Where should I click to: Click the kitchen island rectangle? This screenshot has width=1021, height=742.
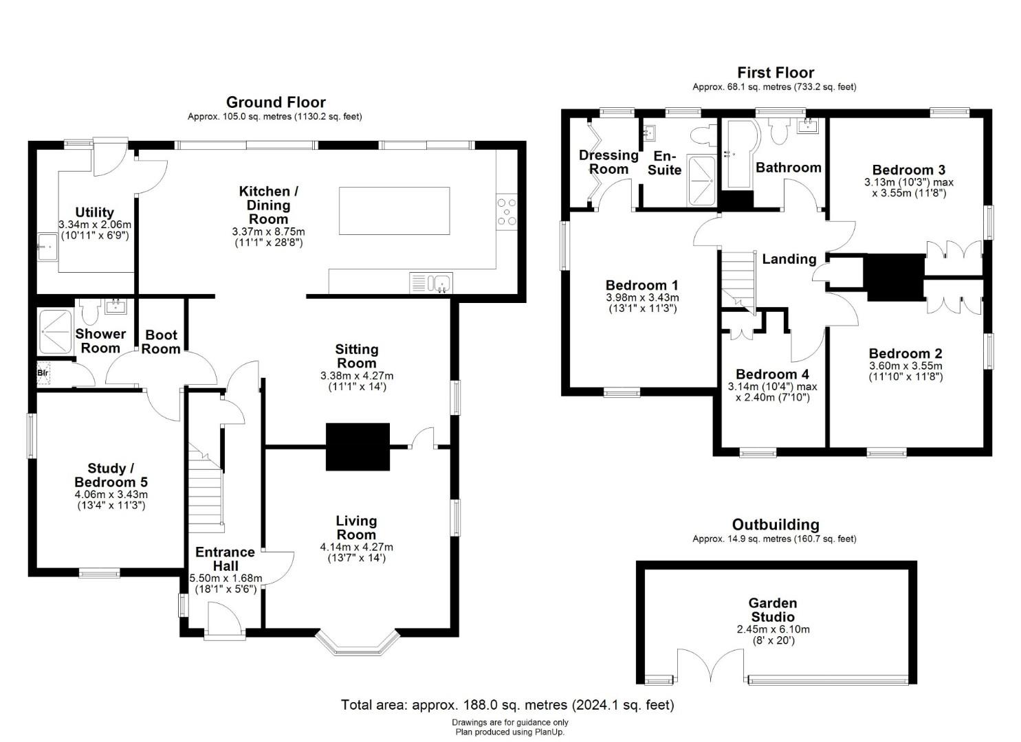[x=394, y=211]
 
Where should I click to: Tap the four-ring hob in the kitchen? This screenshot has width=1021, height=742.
[x=507, y=212]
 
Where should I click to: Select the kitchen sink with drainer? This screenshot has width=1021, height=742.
[x=430, y=283]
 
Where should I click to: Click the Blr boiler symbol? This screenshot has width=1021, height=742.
[x=43, y=373]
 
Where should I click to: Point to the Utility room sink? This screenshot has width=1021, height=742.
[x=47, y=247]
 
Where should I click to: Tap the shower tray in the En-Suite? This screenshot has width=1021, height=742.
[x=701, y=181]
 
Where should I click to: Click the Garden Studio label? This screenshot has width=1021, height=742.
[x=773, y=610]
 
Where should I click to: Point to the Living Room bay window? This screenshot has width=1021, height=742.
[x=357, y=644]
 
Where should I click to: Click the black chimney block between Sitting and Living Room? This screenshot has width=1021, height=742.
[x=358, y=447]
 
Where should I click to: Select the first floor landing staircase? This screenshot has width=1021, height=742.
[x=738, y=282]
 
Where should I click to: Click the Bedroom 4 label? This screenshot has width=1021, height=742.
[x=772, y=374]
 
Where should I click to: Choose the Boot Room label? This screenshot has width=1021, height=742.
[x=161, y=342]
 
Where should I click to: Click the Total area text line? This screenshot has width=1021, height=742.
[x=507, y=705]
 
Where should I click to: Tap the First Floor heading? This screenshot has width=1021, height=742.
[x=776, y=72]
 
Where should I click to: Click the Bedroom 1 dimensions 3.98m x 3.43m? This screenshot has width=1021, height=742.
[x=641, y=298]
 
